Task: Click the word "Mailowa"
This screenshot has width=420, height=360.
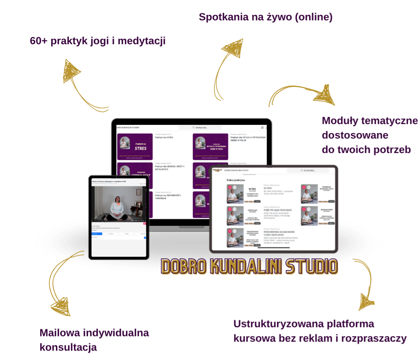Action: click(59, 333)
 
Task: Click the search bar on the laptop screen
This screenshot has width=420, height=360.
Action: click(200, 128)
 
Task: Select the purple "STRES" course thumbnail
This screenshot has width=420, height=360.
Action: click(135, 146)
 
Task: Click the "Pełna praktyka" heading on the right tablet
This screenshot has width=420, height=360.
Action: click(236, 180)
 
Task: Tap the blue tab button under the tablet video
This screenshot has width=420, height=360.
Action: click(97, 234)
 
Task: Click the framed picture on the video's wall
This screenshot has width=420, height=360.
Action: click(138, 192)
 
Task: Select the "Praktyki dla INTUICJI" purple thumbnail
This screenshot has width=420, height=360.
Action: click(210, 146)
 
